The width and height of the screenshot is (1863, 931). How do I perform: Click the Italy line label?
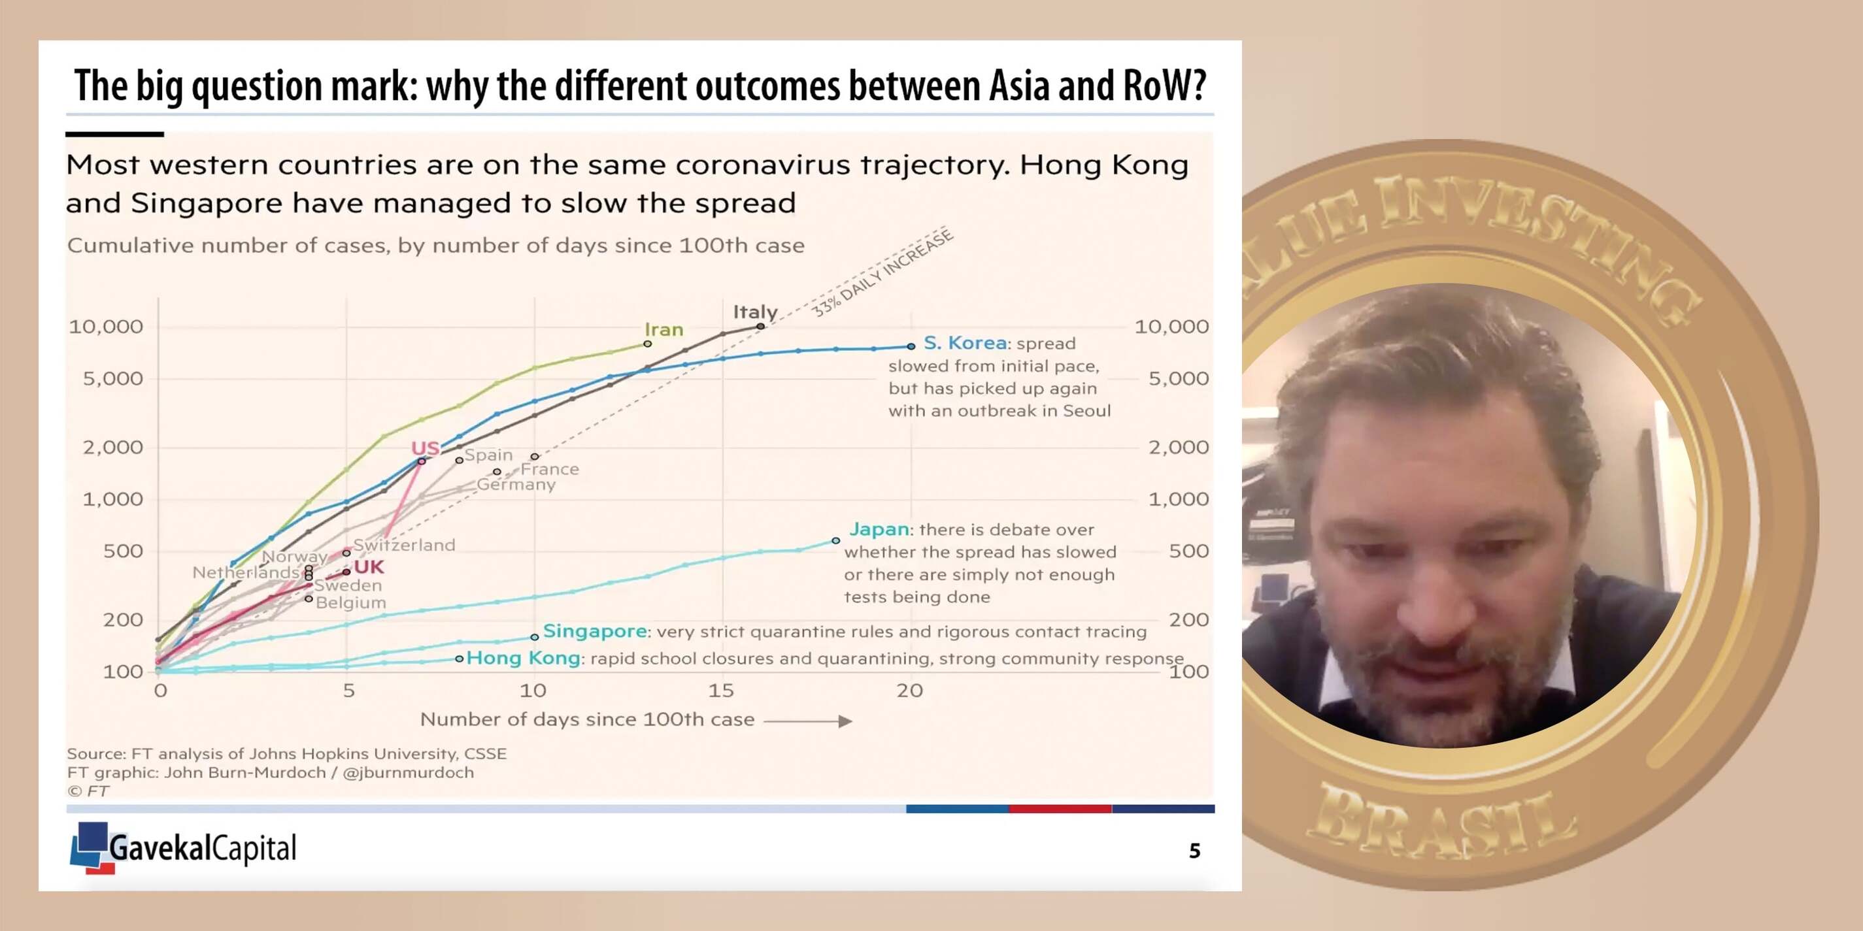[x=755, y=312]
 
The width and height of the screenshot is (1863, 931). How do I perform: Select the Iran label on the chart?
[x=664, y=330]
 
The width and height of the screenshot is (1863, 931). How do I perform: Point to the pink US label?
[x=426, y=448]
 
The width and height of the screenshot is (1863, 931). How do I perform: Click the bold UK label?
[x=369, y=566]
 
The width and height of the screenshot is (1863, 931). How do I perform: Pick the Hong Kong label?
[x=523, y=658]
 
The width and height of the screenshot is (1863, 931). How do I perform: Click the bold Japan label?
[x=879, y=529]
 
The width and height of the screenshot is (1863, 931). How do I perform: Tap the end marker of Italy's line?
[x=760, y=327]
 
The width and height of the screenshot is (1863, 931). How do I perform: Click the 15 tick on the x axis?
[x=721, y=691]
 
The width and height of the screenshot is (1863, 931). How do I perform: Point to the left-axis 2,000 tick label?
[x=113, y=448]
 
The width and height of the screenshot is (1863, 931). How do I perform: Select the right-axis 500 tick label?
[x=1189, y=551]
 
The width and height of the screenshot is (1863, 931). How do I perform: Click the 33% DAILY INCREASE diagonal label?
[x=882, y=272]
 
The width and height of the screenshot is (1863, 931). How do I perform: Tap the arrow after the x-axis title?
[x=808, y=721]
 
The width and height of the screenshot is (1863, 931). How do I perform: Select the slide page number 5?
[x=1195, y=851]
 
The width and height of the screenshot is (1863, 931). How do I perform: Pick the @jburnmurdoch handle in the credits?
[x=408, y=773]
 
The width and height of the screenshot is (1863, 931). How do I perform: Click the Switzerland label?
[x=404, y=545]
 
